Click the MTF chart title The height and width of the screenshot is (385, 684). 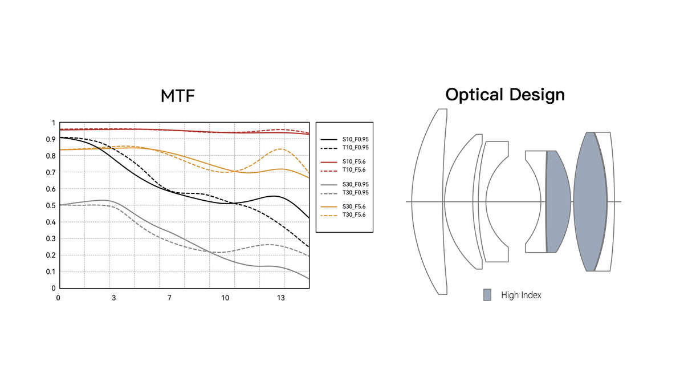(x=177, y=96)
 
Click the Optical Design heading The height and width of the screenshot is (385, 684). (x=505, y=94)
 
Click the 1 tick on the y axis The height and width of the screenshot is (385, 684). (x=54, y=123)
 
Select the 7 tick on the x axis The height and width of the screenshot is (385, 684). (x=169, y=298)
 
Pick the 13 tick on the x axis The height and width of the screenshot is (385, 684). (x=280, y=298)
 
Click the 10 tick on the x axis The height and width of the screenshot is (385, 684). (x=225, y=298)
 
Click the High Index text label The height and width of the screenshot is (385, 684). (x=521, y=295)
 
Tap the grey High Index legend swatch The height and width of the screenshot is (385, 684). (x=487, y=295)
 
